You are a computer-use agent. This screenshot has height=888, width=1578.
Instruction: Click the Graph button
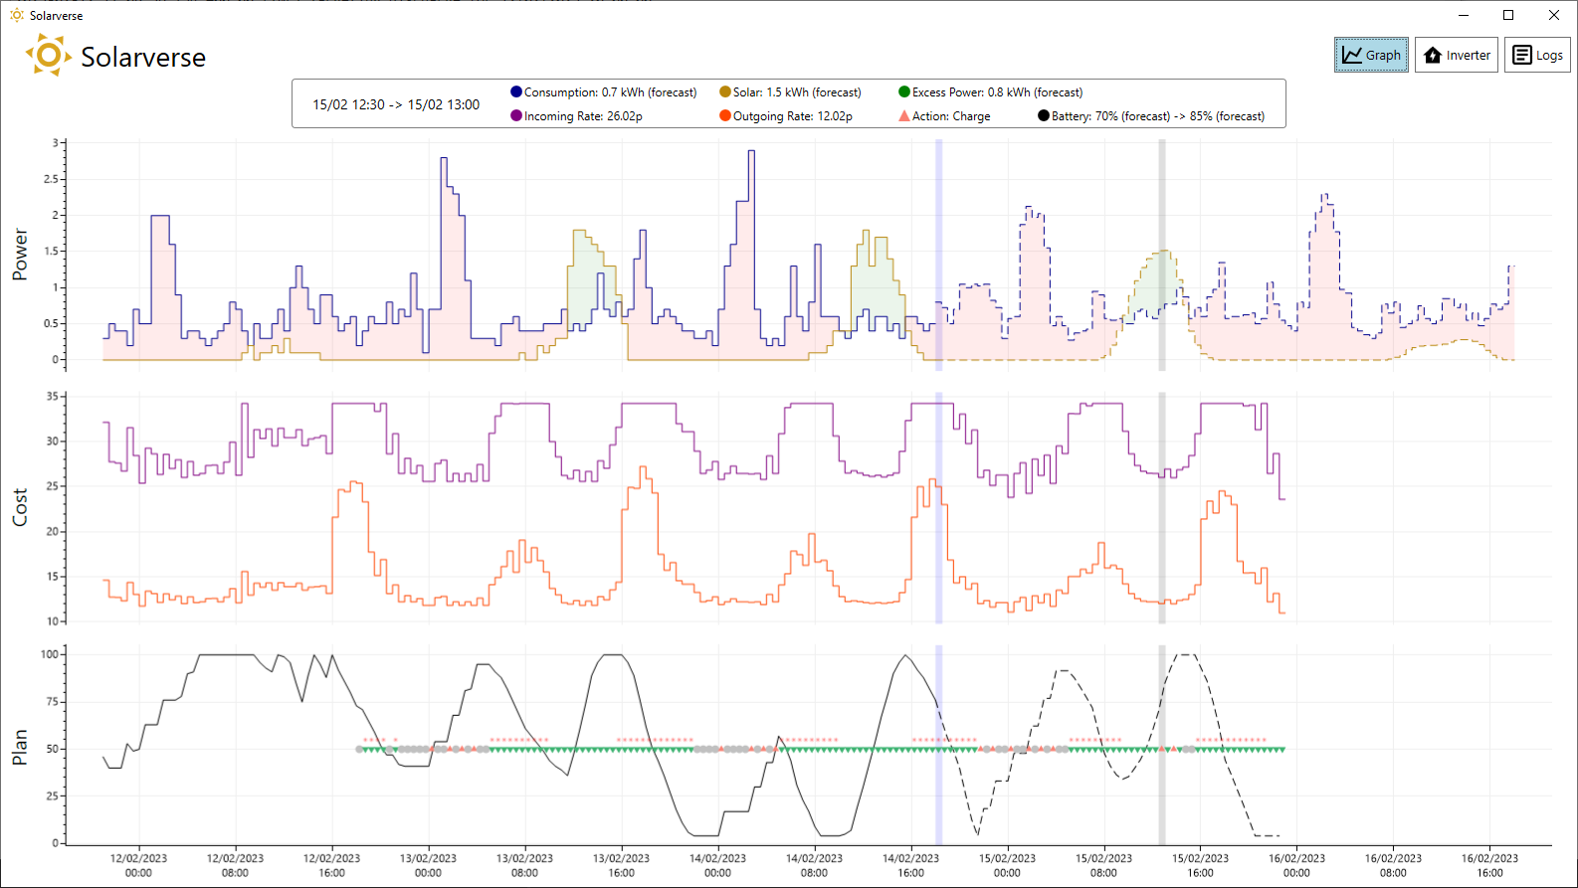point(1371,55)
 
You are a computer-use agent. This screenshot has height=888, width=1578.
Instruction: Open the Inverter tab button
point(1457,55)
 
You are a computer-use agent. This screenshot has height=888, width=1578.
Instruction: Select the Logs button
point(1537,55)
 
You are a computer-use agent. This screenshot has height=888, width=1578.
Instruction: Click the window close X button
point(1554,15)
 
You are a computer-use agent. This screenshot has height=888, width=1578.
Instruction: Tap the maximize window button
point(1508,15)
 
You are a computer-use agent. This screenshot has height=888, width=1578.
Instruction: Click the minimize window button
point(1464,15)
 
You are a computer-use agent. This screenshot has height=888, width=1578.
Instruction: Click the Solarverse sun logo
point(48,55)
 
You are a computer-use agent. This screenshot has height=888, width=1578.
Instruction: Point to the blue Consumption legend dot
point(515,91)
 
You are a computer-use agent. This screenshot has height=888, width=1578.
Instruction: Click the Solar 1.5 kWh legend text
point(797,92)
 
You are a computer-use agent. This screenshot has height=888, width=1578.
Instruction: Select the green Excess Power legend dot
point(903,91)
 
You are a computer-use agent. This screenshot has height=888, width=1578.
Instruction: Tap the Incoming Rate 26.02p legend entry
point(576,116)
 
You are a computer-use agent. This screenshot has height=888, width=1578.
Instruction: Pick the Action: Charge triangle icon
point(903,115)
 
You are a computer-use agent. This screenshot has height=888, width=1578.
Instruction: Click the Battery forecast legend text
point(1157,116)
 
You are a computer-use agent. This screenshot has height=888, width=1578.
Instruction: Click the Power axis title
point(20,255)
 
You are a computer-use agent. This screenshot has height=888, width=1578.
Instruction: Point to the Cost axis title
point(20,507)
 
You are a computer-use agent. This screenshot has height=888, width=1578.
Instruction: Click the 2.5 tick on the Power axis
point(51,180)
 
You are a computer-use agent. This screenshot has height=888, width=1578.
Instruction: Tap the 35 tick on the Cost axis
point(52,397)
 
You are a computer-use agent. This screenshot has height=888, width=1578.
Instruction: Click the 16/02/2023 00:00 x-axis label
point(1296,865)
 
